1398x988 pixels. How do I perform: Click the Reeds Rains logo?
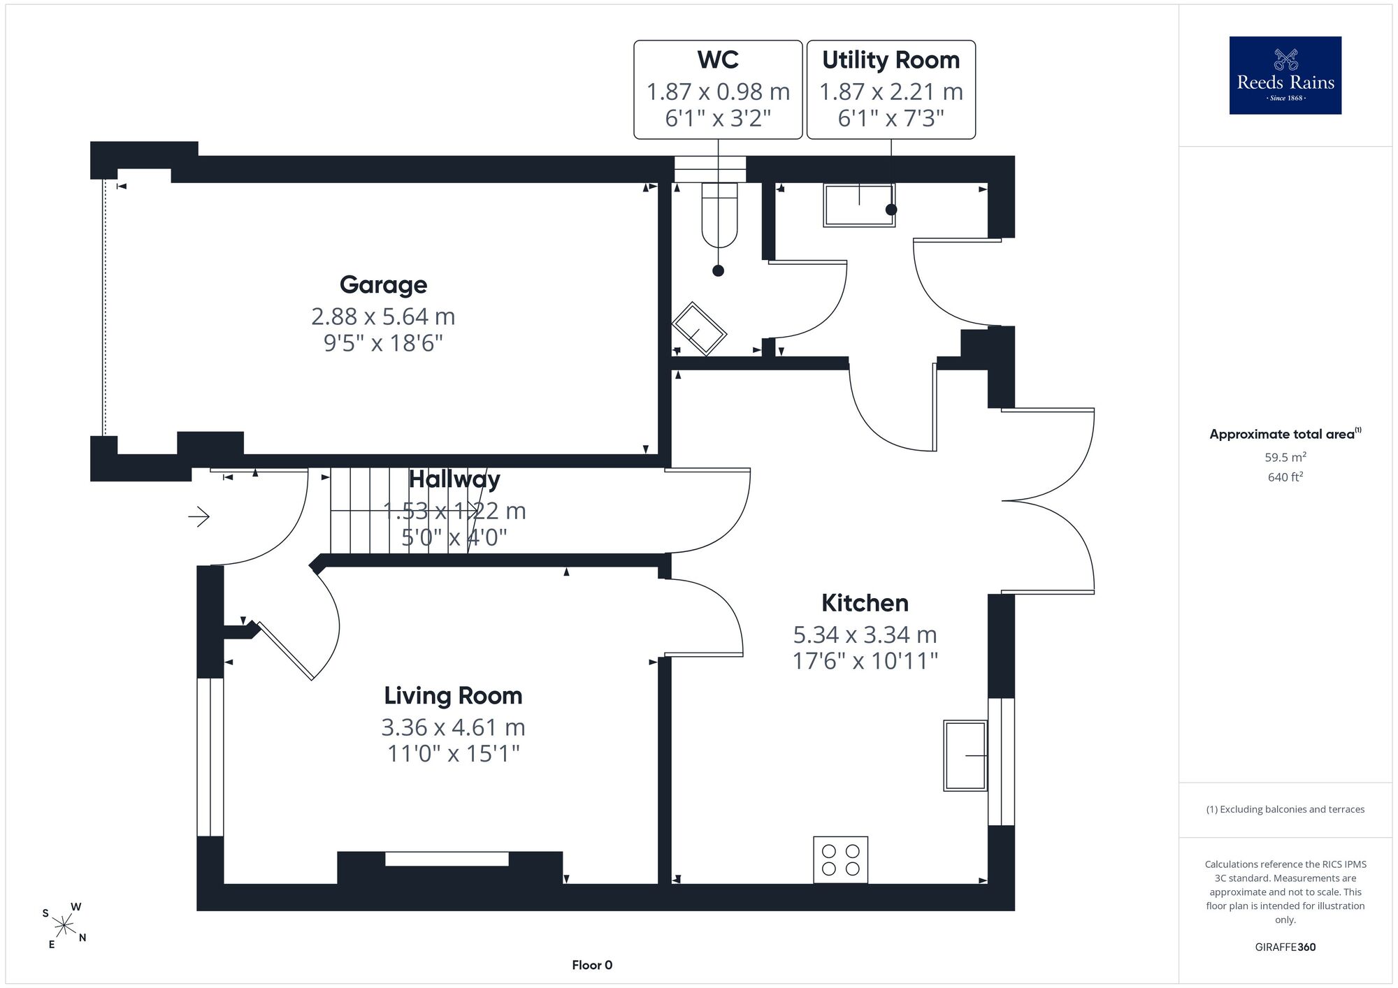(1285, 75)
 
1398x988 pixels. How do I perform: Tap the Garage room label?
(383, 284)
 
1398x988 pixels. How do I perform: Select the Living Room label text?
(453, 695)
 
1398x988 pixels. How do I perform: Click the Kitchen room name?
(865, 602)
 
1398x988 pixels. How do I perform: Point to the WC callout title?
(718, 60)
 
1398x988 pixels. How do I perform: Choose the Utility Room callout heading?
(891, 60)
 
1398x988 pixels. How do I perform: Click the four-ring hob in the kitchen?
(840, 859)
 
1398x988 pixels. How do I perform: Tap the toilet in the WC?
(719, 215)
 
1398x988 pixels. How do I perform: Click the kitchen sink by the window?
(965, 755)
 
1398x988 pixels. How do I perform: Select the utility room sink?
(859, 205)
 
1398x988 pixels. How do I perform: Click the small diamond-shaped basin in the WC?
(699, 328)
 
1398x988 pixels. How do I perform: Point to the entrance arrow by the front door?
(199, 517)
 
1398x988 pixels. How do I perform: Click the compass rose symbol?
(64, 927)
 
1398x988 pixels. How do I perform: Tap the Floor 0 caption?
(592, 965)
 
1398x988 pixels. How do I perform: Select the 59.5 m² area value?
(1285, 458)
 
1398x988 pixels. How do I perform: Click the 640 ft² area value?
(1285, 477)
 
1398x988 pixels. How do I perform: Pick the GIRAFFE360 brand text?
(1285, 947)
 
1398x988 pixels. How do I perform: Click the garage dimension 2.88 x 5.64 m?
(383, 317)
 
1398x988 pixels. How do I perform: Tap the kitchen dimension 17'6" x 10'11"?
(865, 661)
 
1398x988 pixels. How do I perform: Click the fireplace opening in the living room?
(447, 859)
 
